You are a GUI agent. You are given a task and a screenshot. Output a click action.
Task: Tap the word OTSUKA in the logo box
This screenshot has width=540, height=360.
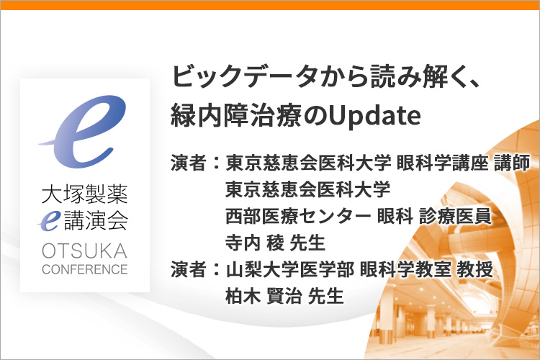(85, 251)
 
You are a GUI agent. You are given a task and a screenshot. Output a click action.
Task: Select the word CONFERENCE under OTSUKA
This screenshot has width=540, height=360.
(85, 269)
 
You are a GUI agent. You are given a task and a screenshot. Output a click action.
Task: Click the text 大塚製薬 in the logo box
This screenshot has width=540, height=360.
(85, 194)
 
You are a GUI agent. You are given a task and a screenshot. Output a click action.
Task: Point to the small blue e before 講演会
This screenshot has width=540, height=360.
(49, 221)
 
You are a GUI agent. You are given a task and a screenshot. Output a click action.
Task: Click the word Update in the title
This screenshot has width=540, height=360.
(374, 115)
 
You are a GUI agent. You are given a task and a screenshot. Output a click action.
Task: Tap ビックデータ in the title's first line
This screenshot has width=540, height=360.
(244, 76)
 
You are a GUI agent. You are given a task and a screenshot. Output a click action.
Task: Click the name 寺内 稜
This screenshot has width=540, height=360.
(255, 243)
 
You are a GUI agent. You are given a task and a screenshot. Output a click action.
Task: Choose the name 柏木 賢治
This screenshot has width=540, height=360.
(264, 296)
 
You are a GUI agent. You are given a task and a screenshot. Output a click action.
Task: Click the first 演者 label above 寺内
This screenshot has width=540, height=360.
(189, 163)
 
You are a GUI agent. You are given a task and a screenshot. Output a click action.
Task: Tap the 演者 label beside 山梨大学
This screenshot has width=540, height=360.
(189, 269)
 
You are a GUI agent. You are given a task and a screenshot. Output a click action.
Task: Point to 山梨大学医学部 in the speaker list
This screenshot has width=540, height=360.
(290, 269)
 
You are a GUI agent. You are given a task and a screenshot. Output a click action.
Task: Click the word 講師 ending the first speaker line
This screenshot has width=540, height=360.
(512, 163)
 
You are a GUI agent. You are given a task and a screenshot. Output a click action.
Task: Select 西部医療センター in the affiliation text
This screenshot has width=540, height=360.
(298, 216)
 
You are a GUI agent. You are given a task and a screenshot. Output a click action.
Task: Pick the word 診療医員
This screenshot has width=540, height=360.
(455, 216)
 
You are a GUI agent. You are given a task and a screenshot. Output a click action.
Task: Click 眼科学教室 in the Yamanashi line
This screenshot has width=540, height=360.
(405, 269)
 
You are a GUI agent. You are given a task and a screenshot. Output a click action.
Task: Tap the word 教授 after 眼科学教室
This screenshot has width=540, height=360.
(475, 269)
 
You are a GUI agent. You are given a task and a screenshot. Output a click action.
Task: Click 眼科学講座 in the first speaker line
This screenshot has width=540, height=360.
(442, 163)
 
